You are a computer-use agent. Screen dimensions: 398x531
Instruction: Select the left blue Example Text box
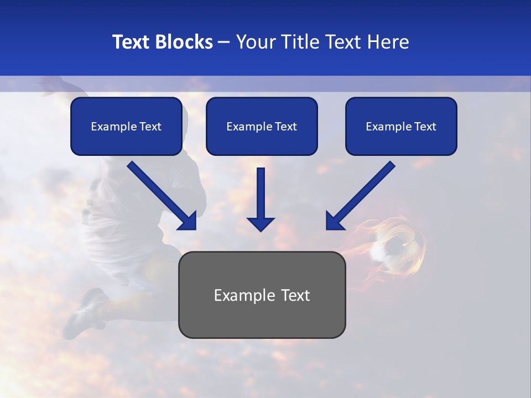(x=126, y=126)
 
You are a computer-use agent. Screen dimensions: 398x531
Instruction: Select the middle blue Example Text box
(x=262, y=126)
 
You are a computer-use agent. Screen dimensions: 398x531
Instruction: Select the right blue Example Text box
(x=401, y=126)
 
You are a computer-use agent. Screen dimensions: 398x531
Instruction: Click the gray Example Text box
(x=262, y=295)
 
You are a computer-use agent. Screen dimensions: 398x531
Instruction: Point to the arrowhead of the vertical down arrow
(x=261, y=224)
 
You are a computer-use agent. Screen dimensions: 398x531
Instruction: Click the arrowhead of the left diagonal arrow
(x=188, y=221)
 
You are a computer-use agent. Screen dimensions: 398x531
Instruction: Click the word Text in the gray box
(x=294, y=295)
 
